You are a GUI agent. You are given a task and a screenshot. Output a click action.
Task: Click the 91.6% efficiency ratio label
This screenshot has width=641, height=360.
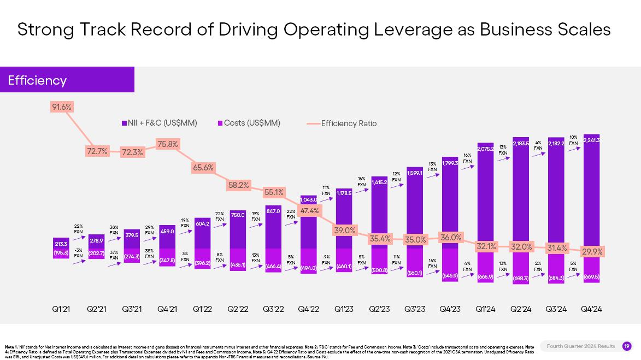pos(62,107)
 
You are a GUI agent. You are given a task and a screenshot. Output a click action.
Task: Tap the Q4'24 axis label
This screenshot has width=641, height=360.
pos(591,309)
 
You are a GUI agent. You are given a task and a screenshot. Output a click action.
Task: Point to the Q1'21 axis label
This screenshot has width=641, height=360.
pos(62,309)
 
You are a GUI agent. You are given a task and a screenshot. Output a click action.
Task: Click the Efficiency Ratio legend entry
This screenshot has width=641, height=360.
pos(349,123)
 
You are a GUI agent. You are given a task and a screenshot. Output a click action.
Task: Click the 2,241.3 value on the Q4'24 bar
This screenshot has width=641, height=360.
pos(592,140)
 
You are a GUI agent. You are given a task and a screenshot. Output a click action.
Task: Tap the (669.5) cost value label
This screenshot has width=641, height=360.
pos(591,277)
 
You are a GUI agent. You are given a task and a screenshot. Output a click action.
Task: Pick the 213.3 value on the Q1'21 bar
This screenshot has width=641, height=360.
pos(61,244)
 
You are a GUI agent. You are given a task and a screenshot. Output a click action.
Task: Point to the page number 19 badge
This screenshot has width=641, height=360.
pos(627,346)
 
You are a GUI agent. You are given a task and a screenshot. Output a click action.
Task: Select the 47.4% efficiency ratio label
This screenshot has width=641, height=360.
pos(310,211)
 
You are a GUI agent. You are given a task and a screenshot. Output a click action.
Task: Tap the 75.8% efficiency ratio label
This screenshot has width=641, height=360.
pos(168,144)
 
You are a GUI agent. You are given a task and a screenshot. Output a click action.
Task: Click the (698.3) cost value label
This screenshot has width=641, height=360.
pos(521,279)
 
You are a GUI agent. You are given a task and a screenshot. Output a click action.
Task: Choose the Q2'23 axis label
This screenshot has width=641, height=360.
pos(379,309)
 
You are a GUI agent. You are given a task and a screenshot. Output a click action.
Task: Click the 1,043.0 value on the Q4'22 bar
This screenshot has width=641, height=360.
pos(309,200)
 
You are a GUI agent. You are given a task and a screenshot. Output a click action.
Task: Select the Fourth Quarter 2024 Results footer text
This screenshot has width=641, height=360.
pos(581,346)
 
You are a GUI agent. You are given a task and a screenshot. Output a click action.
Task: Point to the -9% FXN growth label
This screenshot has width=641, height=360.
pos(326,259)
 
